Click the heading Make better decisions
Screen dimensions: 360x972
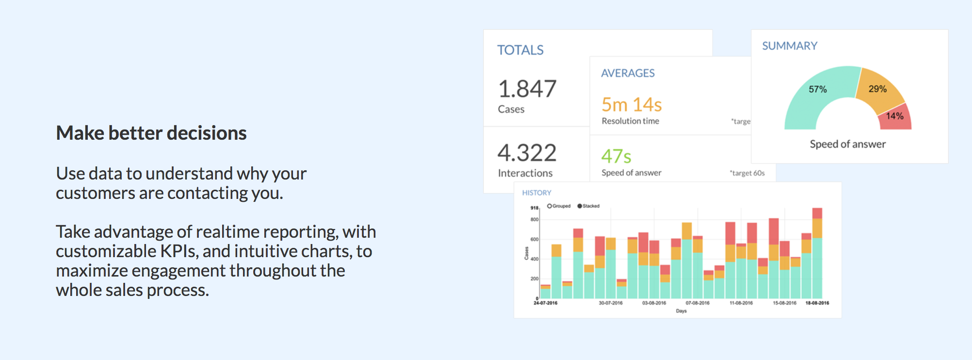point(151,133)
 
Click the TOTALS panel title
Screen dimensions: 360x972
point(520,50)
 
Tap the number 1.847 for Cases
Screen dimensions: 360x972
point(527,89)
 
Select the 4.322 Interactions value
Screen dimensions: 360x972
point(527,153)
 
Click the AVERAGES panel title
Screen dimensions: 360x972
point(628,73)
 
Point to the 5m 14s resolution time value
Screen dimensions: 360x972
point(632,105)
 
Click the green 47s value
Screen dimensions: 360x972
point(616,156)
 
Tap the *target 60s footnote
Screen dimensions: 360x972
point(747,173)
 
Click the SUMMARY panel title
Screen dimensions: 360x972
point(790,46)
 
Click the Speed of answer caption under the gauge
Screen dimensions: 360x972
point(847,144)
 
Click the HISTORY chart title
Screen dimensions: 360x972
point(536,193)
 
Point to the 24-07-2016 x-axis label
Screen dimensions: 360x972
point(545,303)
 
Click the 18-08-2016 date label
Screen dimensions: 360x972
point(817,303)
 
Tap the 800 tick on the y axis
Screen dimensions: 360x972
point(534,220)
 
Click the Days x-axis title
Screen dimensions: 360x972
point(681,311)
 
